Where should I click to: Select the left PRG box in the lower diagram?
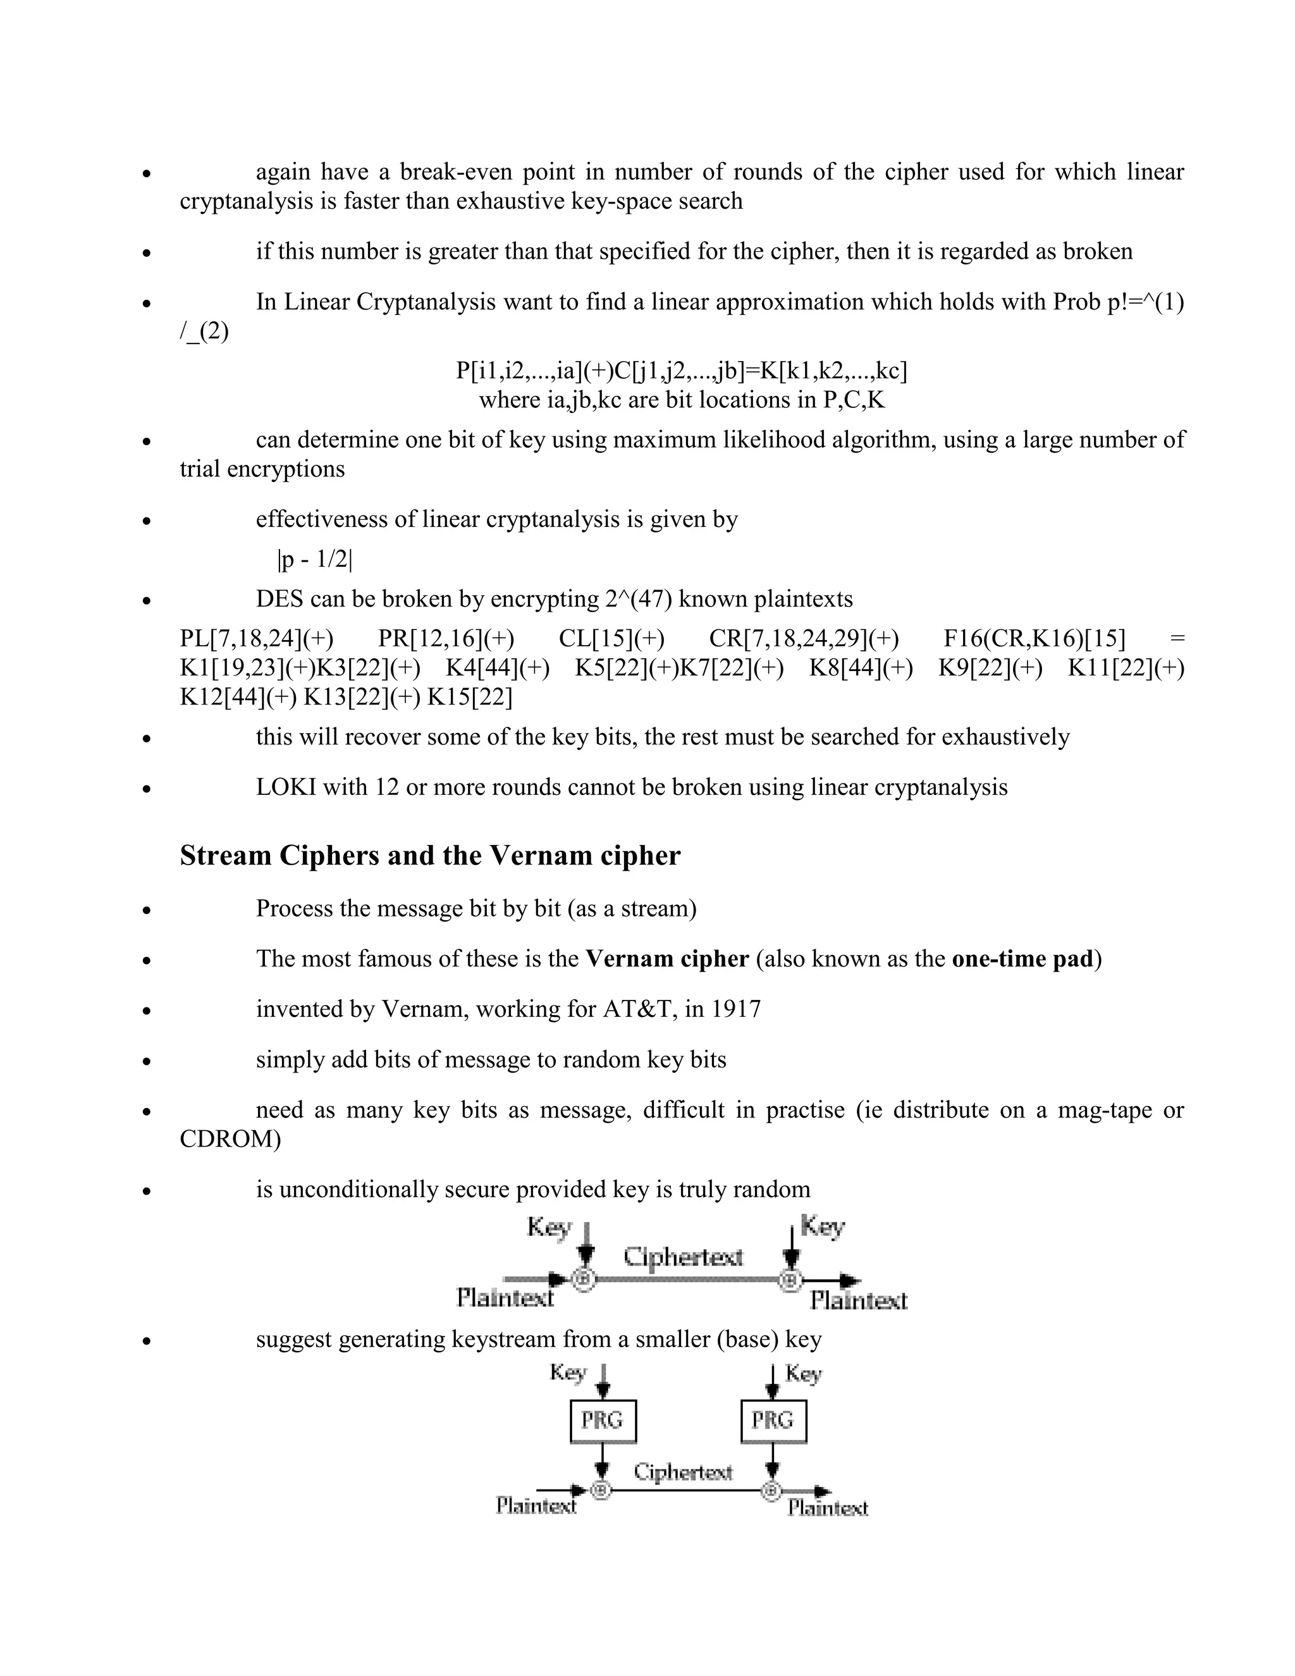coord(603,1421)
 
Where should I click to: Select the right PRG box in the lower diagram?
coord(773,1421)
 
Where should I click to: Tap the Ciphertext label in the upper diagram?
coord(683,1257)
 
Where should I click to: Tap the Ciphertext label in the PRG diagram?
coord(683,1472)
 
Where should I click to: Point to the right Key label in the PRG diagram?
coord(803,1374)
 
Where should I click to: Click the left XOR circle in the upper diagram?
coord(585,1279)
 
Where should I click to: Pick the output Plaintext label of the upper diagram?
coord(859,1301)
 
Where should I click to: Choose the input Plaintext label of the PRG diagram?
coord(536,1506)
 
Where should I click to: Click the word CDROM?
coord(230,1139)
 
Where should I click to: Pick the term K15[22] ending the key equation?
coord(470,697)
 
